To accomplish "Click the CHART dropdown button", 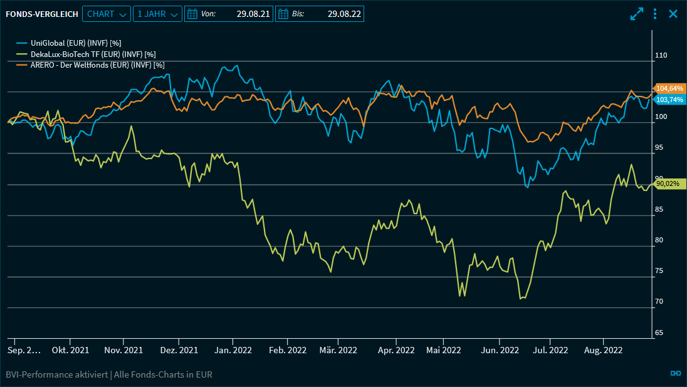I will [106, 14].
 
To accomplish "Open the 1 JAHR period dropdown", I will [157, 14].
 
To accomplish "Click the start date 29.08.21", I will [229, 14].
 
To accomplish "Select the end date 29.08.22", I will [320, 14].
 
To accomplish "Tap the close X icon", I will [673, 14].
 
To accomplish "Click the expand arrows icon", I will [637, 14].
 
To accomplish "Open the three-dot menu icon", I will [655, 14].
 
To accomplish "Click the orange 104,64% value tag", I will [669, 88].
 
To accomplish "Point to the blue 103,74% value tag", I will [669, 100].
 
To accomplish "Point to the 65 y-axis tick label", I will [659, 333].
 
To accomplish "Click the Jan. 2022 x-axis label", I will [233, 350].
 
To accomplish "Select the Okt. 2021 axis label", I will [70, 350].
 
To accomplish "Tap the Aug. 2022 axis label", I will [603, 350].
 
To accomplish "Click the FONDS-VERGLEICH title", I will [42, 14].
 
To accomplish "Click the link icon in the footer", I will [676, 373].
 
